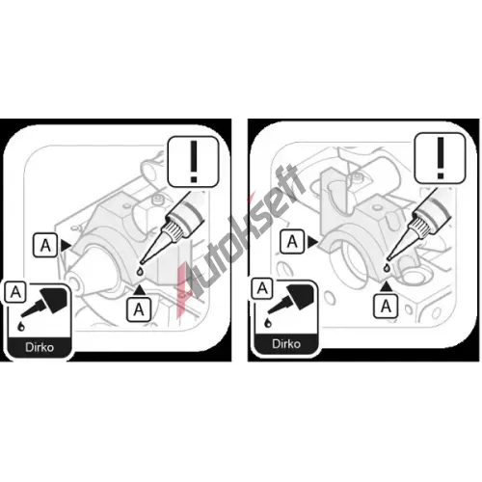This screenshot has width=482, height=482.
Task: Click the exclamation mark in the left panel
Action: (x=194, y=162)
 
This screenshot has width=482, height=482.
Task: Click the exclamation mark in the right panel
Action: (x=441, y=158)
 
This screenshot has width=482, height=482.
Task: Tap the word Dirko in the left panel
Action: (x=40, y=347)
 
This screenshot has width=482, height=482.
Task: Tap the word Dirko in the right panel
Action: (x=286, y=344)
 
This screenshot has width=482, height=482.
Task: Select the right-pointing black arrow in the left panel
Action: (x=66, y=246)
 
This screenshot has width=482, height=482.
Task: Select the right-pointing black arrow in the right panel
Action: (x=312, y=242)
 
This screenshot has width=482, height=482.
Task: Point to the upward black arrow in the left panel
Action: (x=139, y=290)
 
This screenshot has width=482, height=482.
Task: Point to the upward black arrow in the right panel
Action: (x=387, y=286)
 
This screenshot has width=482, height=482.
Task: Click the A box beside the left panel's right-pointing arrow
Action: (x=45, y=246)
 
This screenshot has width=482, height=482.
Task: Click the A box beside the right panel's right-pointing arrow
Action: (x=292, y=242)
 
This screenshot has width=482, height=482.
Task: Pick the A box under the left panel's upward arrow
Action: (x=139, y=309)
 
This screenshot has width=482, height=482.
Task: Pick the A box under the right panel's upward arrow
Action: (x=386, y=307)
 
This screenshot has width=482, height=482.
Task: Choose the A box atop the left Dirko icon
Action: (x=15, y=292)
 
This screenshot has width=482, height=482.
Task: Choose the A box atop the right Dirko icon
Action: (x=262, y=288)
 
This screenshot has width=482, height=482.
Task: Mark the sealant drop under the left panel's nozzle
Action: (x=140, y=271)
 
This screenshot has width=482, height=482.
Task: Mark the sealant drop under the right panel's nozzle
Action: (x=388, y=267)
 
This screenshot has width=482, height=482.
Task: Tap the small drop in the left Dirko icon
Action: (x=21, y=326)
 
